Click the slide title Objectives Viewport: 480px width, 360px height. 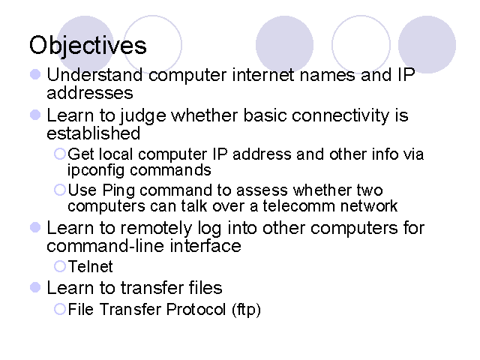point(88,46)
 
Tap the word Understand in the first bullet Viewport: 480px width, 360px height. point(94,75)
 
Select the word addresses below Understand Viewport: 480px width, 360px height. point(90,93)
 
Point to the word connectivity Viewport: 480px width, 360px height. point(340,116)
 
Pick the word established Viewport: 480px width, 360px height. point(93,133)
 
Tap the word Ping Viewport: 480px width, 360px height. point(118,190)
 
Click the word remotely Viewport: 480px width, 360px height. point(156,229)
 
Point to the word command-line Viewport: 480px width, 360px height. point(106,246)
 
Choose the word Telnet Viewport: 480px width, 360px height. point(90,266)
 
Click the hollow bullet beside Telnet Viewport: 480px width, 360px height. point(60,266)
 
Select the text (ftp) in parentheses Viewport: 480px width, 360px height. point(246,310)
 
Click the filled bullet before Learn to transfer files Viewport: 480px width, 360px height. point(35,287)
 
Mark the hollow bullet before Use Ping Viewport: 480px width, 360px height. point(60,190)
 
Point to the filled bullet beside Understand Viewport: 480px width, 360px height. point(35,74)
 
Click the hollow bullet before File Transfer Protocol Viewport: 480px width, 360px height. point(60,309)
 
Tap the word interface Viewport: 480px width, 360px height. point(205,246)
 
